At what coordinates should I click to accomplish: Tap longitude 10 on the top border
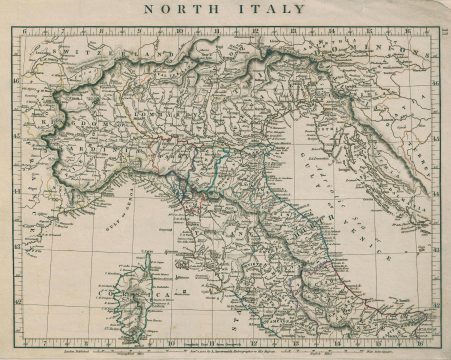point(177,29)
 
